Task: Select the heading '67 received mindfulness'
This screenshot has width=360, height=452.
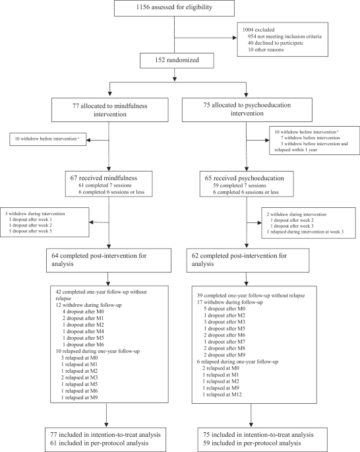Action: (107, 178)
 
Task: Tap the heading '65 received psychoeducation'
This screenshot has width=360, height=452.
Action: (247, 178)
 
